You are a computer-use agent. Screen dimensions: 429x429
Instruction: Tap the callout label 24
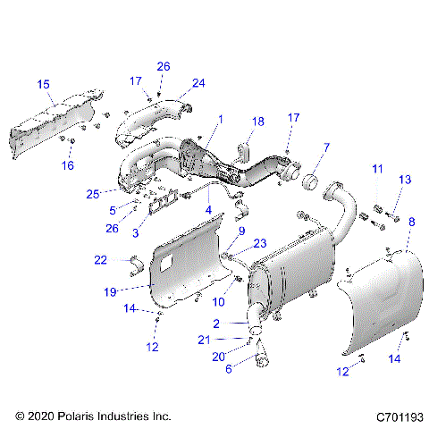coord(198,83)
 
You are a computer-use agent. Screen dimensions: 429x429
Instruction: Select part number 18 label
coord(258,121)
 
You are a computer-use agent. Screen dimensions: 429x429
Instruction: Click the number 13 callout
coord(404,180)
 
